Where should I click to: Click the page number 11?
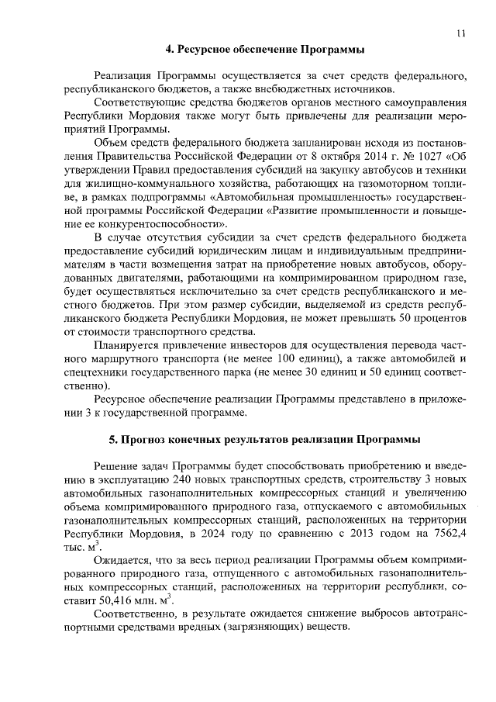[461, 33]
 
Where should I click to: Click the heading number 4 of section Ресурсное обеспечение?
[169, 50]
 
